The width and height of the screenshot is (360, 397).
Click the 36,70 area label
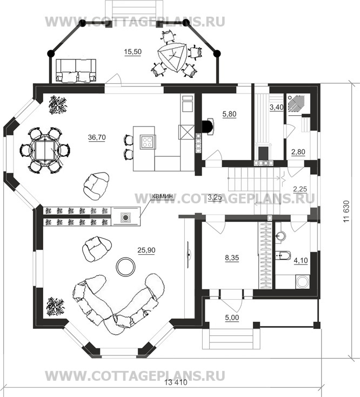[97, 137]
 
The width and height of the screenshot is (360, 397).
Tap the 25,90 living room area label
[146, 250]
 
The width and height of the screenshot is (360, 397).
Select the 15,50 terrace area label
[132, 51]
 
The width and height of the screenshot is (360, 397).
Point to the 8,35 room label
[232, 258]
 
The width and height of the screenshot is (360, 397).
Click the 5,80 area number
[229, 114]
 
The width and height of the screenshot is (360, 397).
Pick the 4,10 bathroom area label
[301, 261]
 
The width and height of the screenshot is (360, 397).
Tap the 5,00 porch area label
[232, 317]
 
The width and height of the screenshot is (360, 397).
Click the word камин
[163, 196]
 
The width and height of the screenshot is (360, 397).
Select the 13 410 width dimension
[176, 382]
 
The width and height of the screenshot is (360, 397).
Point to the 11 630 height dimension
[346, 211]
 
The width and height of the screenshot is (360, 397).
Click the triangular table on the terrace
[173, 57]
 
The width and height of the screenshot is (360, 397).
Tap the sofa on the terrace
[76, 71]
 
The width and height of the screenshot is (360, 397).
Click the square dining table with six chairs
[45, 150]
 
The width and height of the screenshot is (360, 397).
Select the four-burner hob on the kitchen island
[147, 142]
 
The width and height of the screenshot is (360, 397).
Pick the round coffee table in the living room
[125, 267]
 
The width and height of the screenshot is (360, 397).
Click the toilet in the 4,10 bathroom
[283, 256]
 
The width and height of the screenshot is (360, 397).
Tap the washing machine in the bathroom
[302, 282]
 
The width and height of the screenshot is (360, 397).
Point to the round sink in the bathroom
[281, 236]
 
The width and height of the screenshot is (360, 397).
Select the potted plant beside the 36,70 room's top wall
[58, 105]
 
